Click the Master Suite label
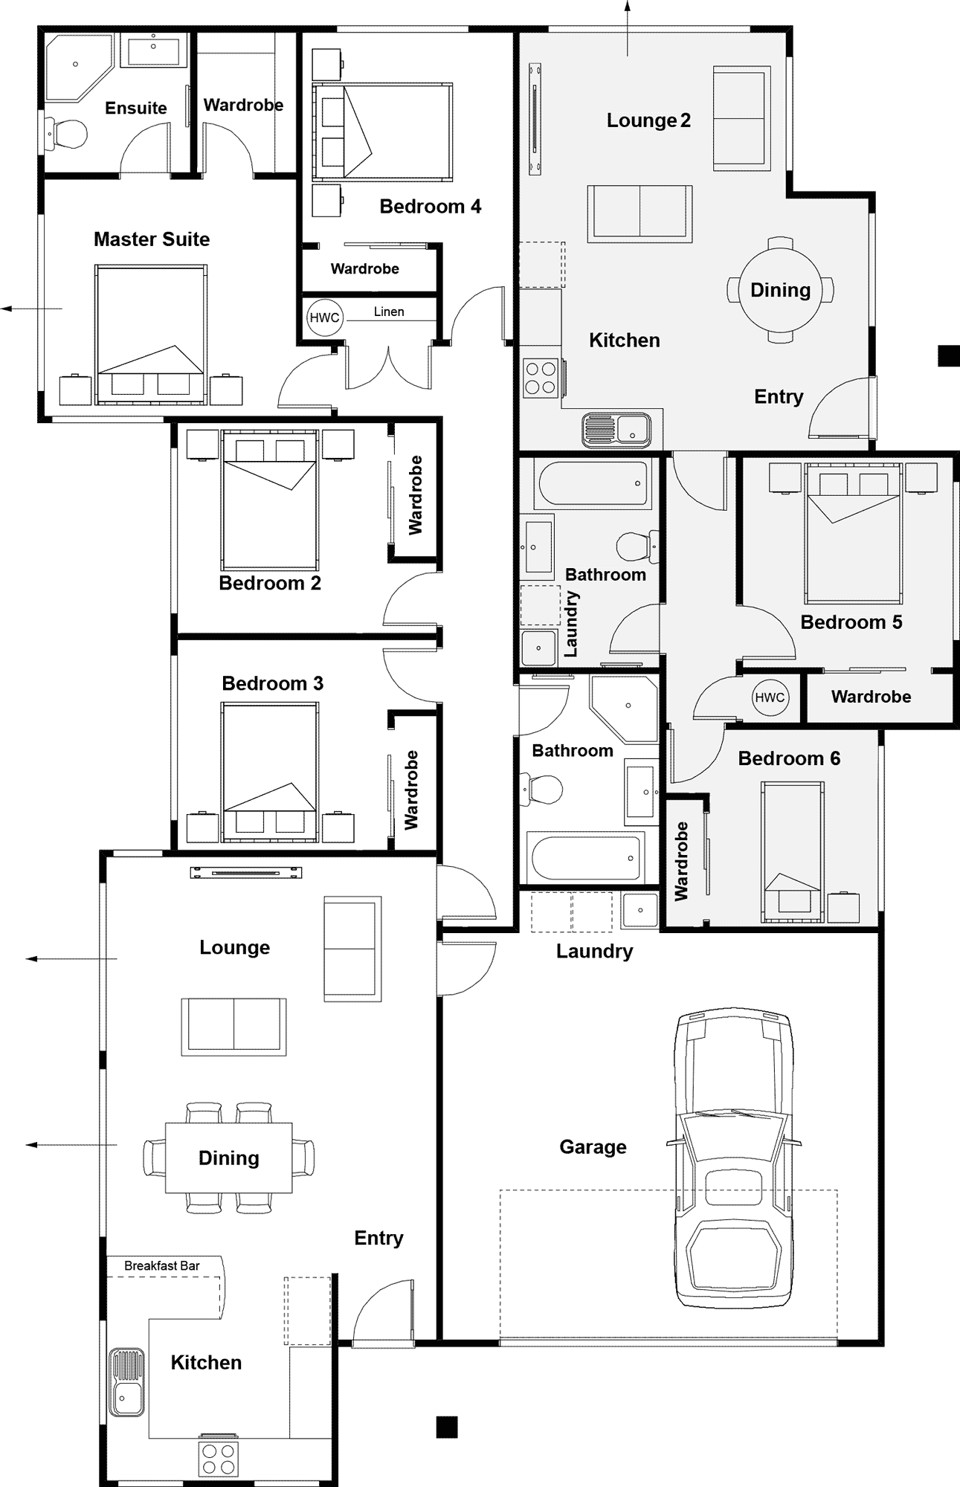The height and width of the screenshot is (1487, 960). [x=152, y=239]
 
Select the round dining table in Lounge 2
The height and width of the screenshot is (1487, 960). [x=780, y=289]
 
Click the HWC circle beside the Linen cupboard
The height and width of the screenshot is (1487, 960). [x=324, y=317]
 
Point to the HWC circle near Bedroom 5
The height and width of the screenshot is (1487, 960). [x=770, y=697]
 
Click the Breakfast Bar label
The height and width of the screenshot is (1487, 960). [x=162, y=1265]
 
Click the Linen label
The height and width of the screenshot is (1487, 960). [x=389, y=312]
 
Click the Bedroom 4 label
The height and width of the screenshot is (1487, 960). [x=431, y=206]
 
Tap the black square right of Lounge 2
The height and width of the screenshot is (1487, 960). [x=949, y=355]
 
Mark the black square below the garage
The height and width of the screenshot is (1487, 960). [x=446, y=1427]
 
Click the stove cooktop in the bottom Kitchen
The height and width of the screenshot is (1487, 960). [x=219, y=1458]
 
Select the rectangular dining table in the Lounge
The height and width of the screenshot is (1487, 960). [x=228, y=1158]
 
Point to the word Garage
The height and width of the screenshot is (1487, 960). [x=593, y=1147]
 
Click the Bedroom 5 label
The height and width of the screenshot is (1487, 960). [x=851, y=622]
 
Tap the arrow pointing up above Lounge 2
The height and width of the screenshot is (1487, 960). [x=627, y=28]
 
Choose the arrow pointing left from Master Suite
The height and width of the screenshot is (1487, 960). [x=31, y=308]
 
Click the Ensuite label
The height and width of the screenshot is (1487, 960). [x=136, y=108]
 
